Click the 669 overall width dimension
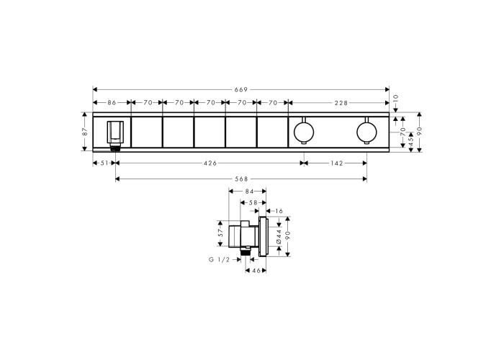(241, 90)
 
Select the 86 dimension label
(112, 103)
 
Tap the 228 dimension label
(341, 103)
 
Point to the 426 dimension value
(210, 163)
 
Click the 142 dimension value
(336, 163)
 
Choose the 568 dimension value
(241, 179)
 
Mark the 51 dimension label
(104, 163)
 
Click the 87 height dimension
(85, 132)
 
